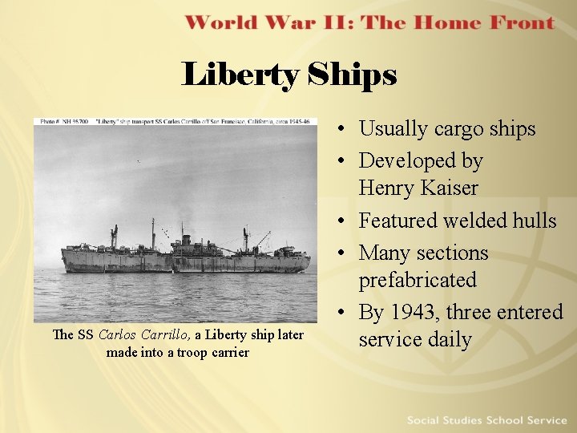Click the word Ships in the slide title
pos(352,75)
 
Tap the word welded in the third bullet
pos(458,221)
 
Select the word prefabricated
pos(417,280)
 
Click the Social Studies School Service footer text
pos(486,420)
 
